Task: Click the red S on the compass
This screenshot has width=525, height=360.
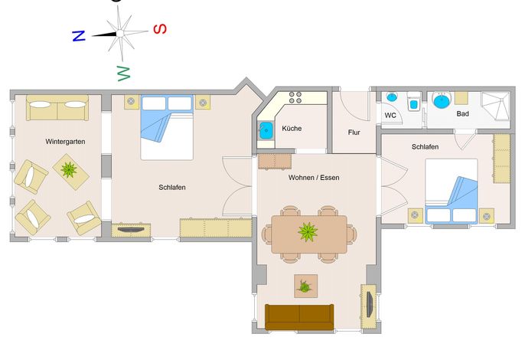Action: point(160,29)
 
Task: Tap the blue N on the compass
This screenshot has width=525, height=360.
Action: point(79,35)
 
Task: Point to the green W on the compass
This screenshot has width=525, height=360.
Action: point(123,74)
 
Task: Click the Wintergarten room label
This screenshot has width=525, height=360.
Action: point(65,142)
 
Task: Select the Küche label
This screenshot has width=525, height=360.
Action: point(292,129)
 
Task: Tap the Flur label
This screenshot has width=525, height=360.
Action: point(354,133)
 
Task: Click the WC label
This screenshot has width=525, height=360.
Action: point(390,116)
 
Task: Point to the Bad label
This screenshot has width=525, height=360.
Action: point(462,113)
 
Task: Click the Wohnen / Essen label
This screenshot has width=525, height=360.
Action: point(314,178)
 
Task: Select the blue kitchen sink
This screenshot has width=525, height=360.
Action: point(266,130)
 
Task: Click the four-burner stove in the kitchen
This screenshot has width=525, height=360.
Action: point(295,97)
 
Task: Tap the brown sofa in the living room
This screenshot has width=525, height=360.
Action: point(299,317)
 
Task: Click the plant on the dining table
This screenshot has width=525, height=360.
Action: point(308,232)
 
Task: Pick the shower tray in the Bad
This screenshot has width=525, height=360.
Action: point(496,106)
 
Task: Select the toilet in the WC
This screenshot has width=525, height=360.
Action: point(414,101)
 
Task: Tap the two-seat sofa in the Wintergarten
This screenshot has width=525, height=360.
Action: point(57,107)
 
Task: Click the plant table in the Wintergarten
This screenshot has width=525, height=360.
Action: point(70,172)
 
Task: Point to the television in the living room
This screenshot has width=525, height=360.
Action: point(370,304)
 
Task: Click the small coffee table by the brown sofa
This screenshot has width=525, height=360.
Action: point(305,286)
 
